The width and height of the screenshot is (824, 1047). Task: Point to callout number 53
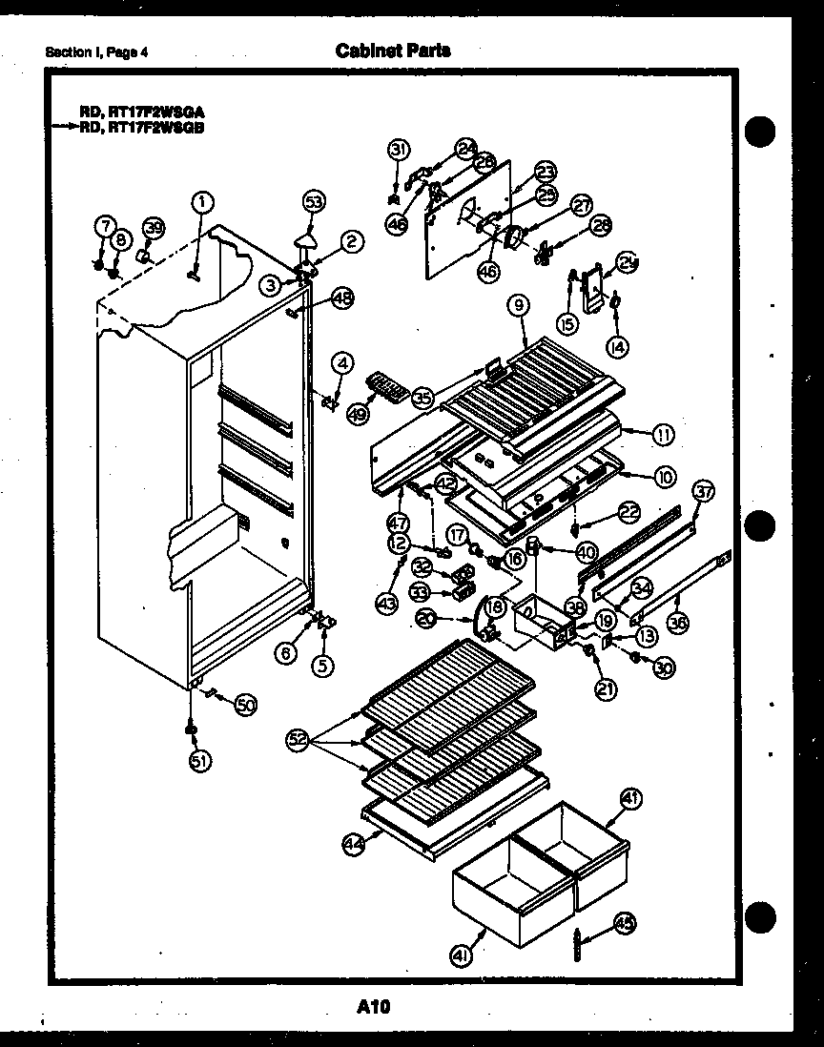pyautogui.click(x=314, y=201)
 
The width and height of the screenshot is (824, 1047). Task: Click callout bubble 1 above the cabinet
pyautogui.click(x=201, y=201)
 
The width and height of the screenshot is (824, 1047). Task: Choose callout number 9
pyautogui.click(x=518, y=306)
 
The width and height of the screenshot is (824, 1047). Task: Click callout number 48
pyautogui.click(x=342, y=298)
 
